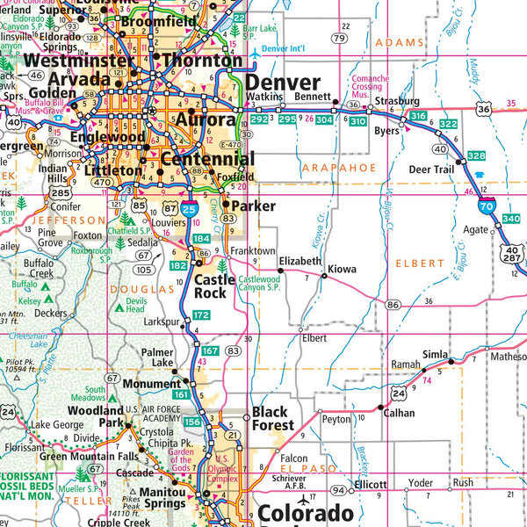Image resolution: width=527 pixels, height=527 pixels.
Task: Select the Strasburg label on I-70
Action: pos(397,101)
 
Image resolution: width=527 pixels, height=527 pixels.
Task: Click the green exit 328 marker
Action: pos(476,155)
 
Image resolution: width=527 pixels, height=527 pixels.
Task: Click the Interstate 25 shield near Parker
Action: pos(189,208)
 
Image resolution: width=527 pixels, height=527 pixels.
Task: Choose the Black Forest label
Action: pos(273,418)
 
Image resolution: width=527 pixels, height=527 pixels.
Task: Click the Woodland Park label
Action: pos(97,416)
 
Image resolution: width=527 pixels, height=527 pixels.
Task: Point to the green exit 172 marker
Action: pos(201,314)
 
